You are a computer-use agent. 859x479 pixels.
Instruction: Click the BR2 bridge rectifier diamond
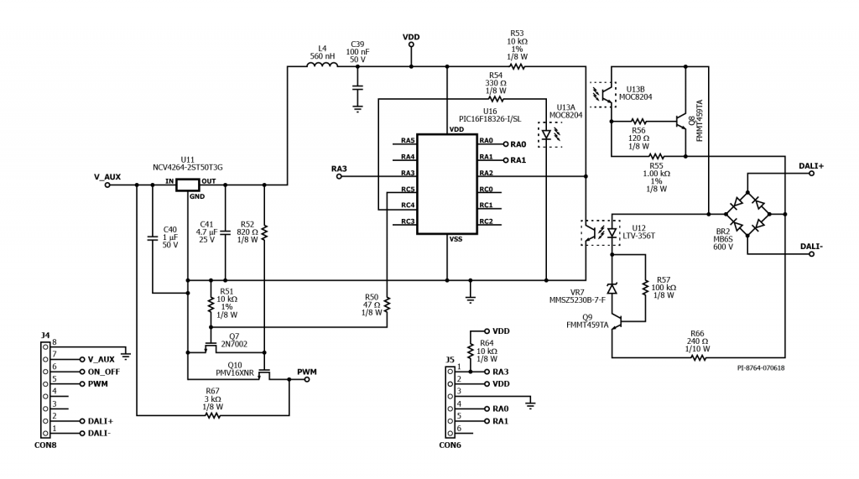[x=747, y=211]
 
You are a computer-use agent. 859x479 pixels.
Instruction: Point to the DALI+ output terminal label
[x=811, y=166]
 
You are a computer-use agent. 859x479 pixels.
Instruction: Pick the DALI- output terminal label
[x=811, y=246]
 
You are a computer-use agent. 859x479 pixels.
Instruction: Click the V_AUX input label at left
[x=107, y=176]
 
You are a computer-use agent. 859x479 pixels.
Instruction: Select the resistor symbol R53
[x=518, y=67]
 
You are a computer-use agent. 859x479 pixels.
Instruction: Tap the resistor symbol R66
[x=696, y=357]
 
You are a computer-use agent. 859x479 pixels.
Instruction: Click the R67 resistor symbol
[x=212, y=414]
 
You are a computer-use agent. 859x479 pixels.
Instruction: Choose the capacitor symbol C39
[x=357, y=86]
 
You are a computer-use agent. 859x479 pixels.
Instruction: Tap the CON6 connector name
[x=450, y=445]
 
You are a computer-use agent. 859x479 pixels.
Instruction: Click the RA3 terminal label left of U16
[x=339, y=169]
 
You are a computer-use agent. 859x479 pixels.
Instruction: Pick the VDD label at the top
[x=411, y=37]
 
